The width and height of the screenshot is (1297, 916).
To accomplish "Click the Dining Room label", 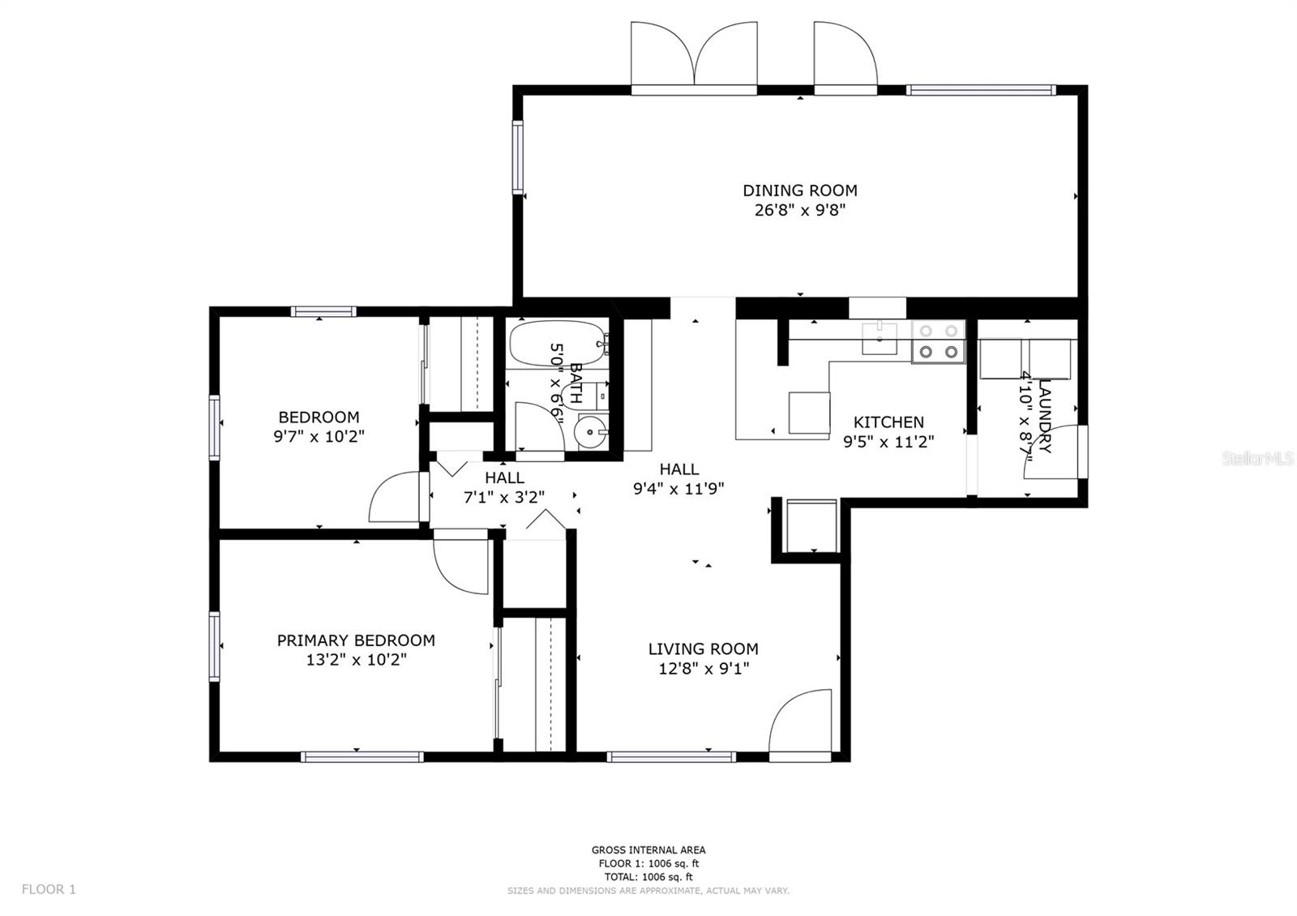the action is [x=799, y=190].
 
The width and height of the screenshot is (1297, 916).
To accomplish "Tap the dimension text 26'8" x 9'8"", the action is [x=799, y=210].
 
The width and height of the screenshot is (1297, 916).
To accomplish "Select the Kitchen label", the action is [x=888, y=422].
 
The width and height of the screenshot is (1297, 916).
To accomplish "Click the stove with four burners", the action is [x=939, y=341].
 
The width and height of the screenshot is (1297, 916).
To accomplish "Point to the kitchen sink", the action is [x=879, y=339].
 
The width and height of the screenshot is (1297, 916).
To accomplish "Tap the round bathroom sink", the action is [x=591, y=432].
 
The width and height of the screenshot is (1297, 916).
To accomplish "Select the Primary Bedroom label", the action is [x=356, y=640].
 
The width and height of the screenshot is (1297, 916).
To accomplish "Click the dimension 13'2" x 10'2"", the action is [x=356, y=660].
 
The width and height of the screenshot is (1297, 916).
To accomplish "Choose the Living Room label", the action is [x=703, y=649].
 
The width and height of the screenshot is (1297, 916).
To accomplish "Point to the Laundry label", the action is [x=1045, y=416].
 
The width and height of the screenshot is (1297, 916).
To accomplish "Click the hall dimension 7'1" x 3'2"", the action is [x=503, y=498].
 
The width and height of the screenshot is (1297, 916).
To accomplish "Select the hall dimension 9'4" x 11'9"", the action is [x=678, y=489].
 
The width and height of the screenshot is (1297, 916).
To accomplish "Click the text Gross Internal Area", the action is [x=648, y=850].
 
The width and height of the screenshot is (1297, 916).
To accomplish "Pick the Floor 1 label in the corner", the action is [x=49, y=889].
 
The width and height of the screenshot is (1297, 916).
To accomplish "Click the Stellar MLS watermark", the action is [x=1257, y=459].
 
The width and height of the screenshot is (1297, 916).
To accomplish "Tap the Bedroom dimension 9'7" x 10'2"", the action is [x=319, y=436].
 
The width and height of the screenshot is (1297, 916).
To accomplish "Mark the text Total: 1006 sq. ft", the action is [x=648, y=876].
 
